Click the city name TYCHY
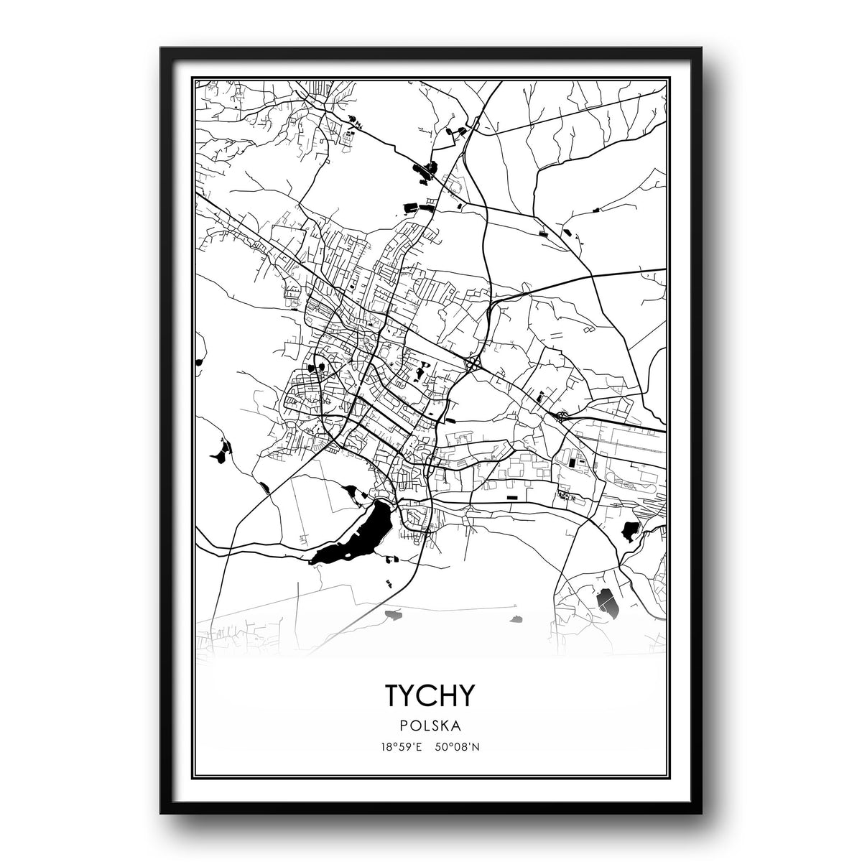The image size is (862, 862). click(430, 695)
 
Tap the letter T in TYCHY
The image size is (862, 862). click(394, 695)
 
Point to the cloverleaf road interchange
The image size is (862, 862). click(474, 364)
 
